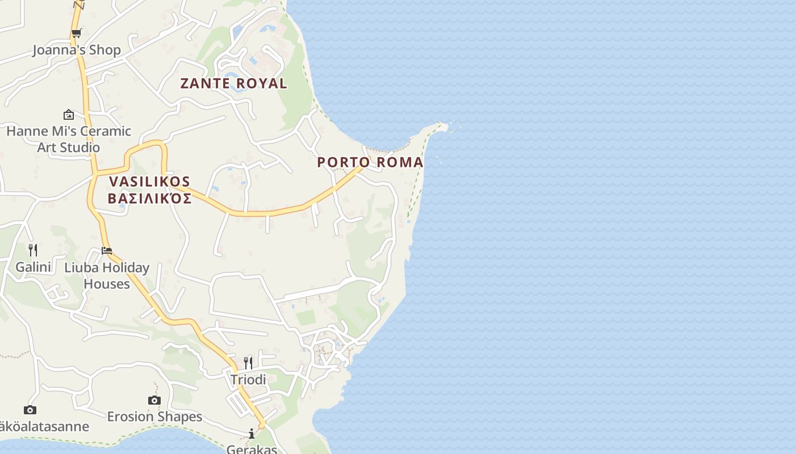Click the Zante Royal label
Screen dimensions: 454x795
(233, 83)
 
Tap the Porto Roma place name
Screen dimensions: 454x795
(370, 162)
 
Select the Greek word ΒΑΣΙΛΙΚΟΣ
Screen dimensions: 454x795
(149, 199)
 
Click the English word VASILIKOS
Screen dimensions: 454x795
(149, 182)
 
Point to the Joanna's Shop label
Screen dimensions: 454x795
(77, 50)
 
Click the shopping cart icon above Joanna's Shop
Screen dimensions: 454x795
(76, 33)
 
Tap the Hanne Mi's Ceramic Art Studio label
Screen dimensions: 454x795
(69, 139)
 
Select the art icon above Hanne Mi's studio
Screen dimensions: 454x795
(69, 115)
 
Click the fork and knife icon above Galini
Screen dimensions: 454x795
(33, 250)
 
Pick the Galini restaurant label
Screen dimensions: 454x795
(33, 267)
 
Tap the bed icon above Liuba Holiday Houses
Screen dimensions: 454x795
(107, 250)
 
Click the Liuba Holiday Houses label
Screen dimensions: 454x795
(107, 275)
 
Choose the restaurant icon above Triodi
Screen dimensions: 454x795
(248, 363)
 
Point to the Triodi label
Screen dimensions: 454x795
(248, 380)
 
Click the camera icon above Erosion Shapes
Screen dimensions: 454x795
(154, 400)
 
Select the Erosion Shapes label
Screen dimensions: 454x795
(154, 417)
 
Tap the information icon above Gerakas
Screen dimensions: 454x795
(252, 434)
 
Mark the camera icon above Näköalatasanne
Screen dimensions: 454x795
(30, 410)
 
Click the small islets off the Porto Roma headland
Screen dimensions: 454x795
(454, 126)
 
